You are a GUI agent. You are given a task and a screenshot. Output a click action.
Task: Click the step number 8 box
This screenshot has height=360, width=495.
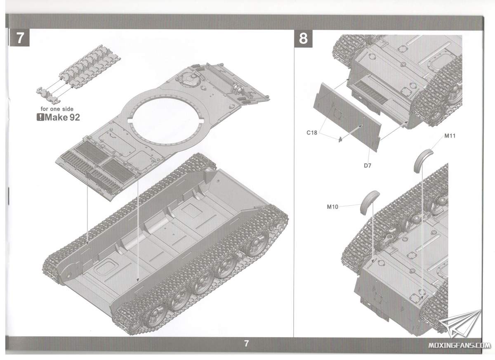coord(303,39)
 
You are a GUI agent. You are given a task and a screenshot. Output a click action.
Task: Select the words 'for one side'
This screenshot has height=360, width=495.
coord(57,109)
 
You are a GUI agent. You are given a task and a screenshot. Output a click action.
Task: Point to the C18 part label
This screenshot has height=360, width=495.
coord(312,133)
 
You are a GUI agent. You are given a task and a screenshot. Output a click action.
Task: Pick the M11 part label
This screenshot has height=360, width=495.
coord(450,135)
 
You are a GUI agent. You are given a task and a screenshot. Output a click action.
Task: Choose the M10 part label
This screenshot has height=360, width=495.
coord(332,207)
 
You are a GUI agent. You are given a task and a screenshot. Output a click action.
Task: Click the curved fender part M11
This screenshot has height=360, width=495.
coord(422,159)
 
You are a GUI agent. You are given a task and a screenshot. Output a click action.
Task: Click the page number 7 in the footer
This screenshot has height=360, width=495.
coord(246,344)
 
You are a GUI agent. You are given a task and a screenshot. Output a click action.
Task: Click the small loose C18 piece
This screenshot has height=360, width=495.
coord(340,140)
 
